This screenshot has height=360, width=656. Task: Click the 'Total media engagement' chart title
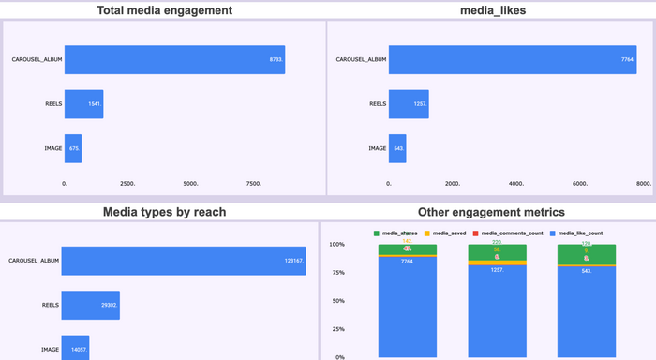165,11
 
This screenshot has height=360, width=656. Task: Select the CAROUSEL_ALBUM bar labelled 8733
174,58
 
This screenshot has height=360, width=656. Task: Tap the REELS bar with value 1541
83,103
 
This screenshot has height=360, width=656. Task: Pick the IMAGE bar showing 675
73,148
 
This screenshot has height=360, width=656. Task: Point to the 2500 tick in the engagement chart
127,184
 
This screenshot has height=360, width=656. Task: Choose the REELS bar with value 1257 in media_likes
410,103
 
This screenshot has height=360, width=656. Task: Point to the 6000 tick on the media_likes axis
580,184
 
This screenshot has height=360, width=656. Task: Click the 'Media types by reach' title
164,212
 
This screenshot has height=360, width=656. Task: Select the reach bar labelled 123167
184,261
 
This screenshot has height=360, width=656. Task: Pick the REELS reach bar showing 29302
91,305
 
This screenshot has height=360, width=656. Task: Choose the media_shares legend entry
400,232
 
